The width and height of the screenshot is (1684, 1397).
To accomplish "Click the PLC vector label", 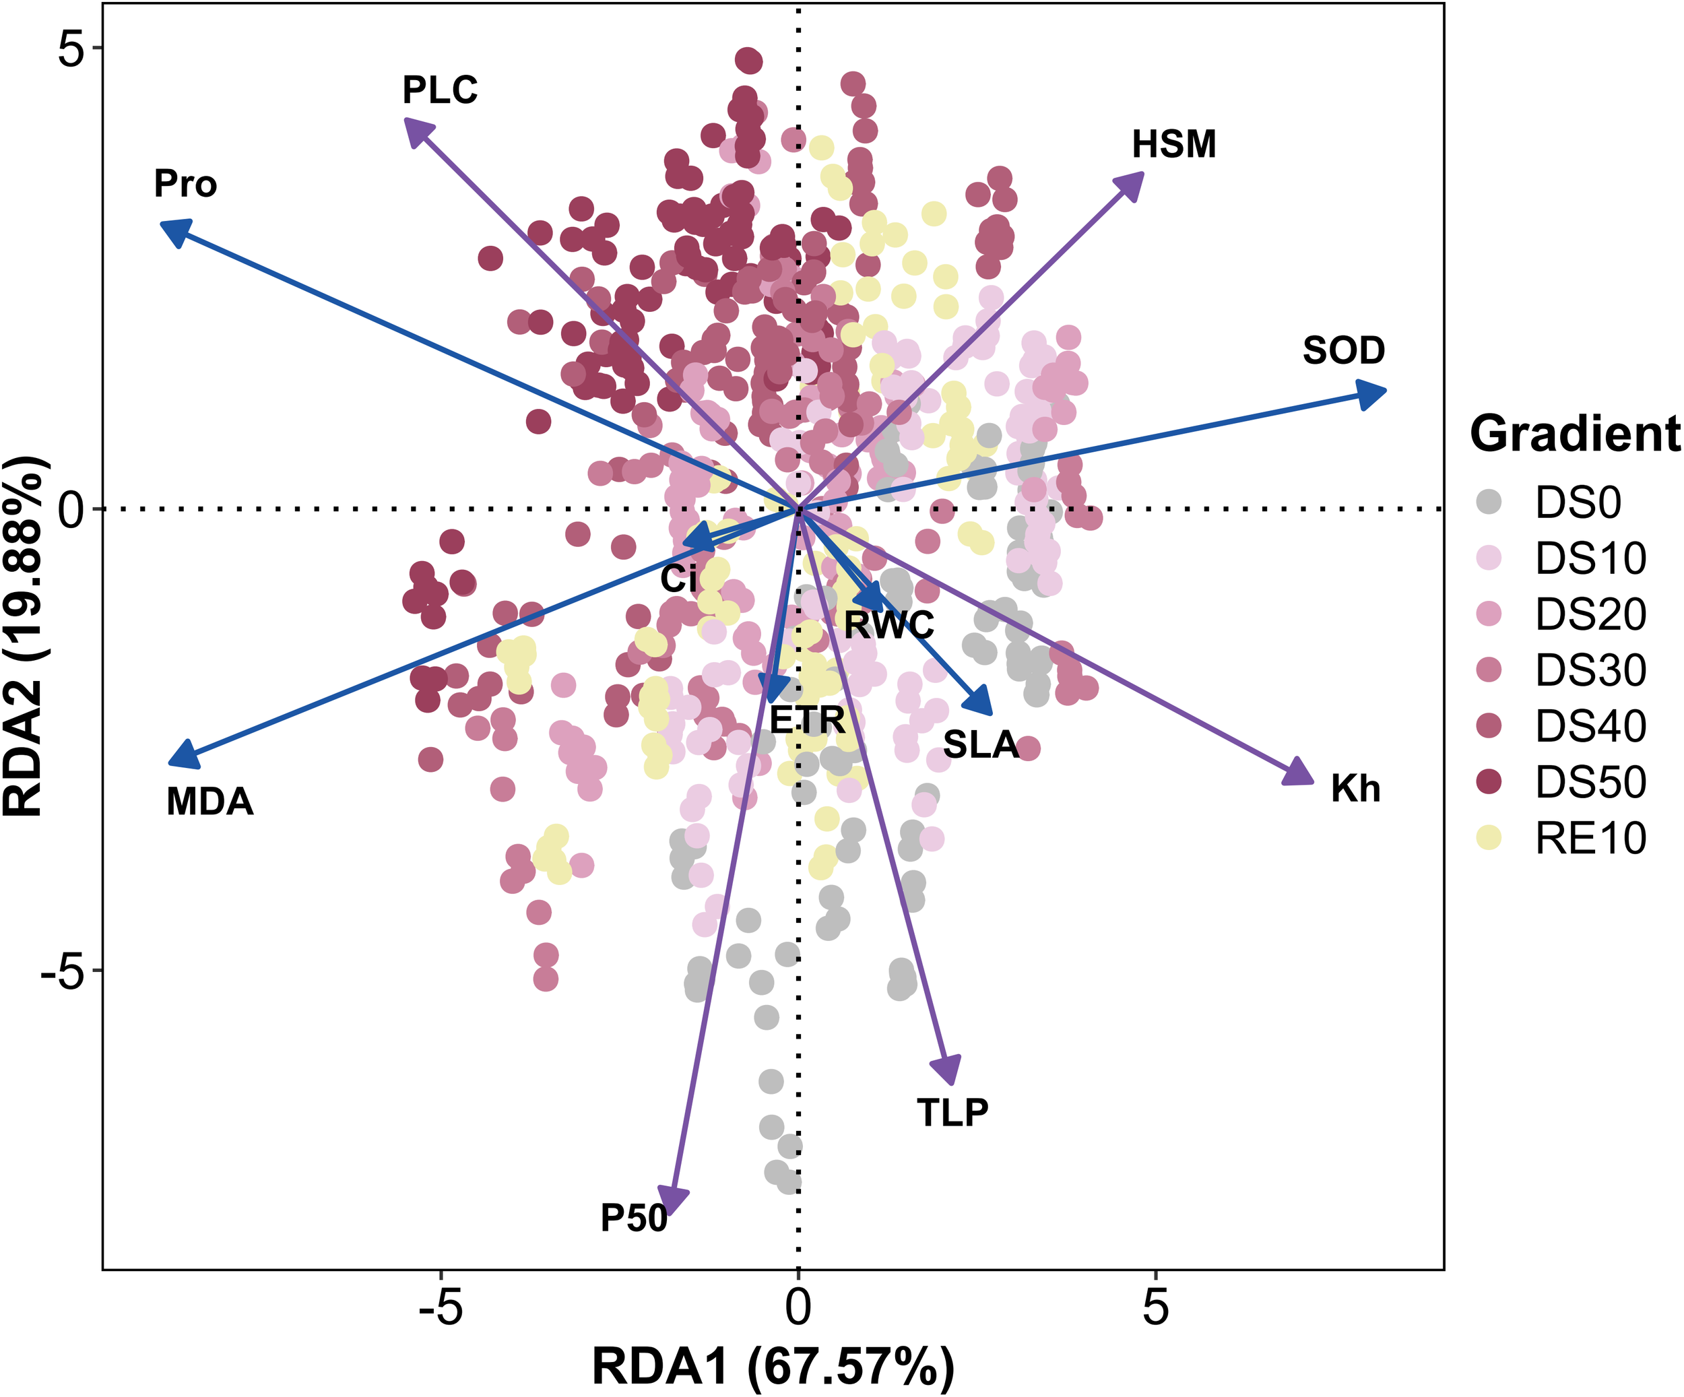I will point(439,90).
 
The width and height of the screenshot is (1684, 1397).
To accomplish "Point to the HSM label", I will point(1174,144).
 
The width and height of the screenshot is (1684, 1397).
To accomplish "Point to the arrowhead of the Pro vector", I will point(173,232).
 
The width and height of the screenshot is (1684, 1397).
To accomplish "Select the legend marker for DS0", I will point(1489,502).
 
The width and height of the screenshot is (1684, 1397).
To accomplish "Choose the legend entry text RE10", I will point(1590,839).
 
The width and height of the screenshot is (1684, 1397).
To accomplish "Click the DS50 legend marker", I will point(1489,782).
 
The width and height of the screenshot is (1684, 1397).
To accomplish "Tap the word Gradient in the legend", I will point(1575,434).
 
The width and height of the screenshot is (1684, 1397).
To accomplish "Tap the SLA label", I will point(981,745).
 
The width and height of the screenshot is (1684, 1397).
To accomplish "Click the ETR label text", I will point(808,720).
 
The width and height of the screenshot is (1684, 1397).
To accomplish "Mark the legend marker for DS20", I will point(1489,614).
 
